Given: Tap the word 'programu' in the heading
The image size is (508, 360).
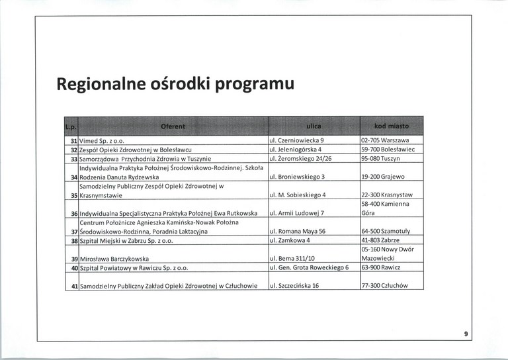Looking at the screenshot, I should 251,85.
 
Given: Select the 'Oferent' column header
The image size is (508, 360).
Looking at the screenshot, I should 173,126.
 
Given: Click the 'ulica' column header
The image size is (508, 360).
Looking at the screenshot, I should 314,126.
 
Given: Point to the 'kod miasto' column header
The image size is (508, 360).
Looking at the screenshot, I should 391,126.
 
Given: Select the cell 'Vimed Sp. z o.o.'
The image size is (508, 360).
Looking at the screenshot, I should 103,141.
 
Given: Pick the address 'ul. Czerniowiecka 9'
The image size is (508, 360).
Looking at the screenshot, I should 296,141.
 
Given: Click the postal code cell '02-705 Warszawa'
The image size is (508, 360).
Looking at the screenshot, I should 386,141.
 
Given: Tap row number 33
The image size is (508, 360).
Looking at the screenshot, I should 74,159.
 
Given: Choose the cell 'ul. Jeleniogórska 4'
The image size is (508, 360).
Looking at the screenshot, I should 295,150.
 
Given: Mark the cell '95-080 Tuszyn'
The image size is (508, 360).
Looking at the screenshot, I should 382,159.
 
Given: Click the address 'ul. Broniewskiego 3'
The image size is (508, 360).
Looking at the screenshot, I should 296,177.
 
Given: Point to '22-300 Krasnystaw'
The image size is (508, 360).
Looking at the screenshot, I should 387,195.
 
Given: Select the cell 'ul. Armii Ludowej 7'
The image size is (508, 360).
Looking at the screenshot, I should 296,213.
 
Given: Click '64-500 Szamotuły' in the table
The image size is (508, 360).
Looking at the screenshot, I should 386,231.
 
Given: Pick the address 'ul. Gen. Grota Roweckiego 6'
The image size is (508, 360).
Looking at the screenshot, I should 309,267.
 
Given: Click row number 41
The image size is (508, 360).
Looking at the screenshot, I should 74,286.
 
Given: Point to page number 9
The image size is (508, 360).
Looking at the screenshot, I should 466,335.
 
